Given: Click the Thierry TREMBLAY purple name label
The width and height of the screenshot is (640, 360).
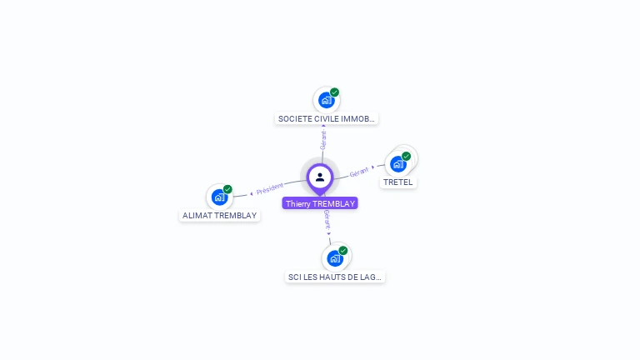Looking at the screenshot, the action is (x=320, y=203).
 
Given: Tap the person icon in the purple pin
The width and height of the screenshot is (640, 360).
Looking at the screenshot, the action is (x=320, y=177).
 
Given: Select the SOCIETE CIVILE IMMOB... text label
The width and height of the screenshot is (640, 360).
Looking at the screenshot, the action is (x=326, y=119).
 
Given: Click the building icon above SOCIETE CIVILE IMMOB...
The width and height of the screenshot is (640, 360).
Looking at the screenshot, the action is (x=326, y=100).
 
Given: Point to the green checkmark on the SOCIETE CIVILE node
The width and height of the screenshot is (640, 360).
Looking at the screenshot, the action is (x=335, y=92).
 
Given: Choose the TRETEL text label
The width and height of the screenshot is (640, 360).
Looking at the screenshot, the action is (x=398, y=182).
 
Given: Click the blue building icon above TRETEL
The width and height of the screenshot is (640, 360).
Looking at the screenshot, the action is (x=398, y=164).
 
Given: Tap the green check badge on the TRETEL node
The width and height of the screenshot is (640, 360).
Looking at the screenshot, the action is (x=406, y=157).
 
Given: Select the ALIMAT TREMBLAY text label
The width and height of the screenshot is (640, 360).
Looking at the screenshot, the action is (x=220, y=216).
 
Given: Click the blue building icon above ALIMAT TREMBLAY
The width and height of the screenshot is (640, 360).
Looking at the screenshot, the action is (x=220, y=197).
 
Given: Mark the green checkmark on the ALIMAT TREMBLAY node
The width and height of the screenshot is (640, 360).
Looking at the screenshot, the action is (x=227, y=189).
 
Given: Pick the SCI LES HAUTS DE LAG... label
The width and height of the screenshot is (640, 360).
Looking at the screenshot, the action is (x=335, y=277).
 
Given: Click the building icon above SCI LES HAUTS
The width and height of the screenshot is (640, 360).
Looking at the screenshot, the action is (x=335, y=258).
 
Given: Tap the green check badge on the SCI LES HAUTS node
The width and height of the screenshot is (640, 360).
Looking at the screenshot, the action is (x=343, y=251).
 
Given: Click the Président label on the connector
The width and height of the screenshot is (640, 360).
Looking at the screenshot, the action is (x=269, y=189).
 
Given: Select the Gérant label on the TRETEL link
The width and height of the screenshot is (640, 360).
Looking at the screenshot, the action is (x=359, y=172).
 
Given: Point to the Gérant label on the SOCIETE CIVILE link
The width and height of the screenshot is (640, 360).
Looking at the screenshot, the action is (x=323, y=140).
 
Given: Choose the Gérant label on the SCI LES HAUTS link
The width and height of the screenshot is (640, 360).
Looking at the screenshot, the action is (x=327, y=220).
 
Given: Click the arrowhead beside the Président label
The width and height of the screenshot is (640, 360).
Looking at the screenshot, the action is (x=252, y=194).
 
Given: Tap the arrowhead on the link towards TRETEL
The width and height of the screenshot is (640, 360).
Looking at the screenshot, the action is (x=372, y=167).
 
